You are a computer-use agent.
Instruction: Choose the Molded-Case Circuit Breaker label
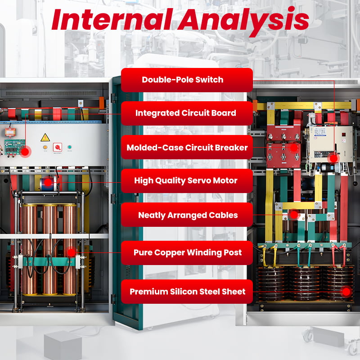[x=187, y=147]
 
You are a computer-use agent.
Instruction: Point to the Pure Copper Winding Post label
[x=187, y=252]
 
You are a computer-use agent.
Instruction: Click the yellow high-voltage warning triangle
[x=45, y=137]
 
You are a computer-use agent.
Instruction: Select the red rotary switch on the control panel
[x=57, y=147]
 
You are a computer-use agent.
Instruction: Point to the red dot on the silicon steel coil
[x=346, y=291]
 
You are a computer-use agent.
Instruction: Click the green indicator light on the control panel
[x=70, y=147]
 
